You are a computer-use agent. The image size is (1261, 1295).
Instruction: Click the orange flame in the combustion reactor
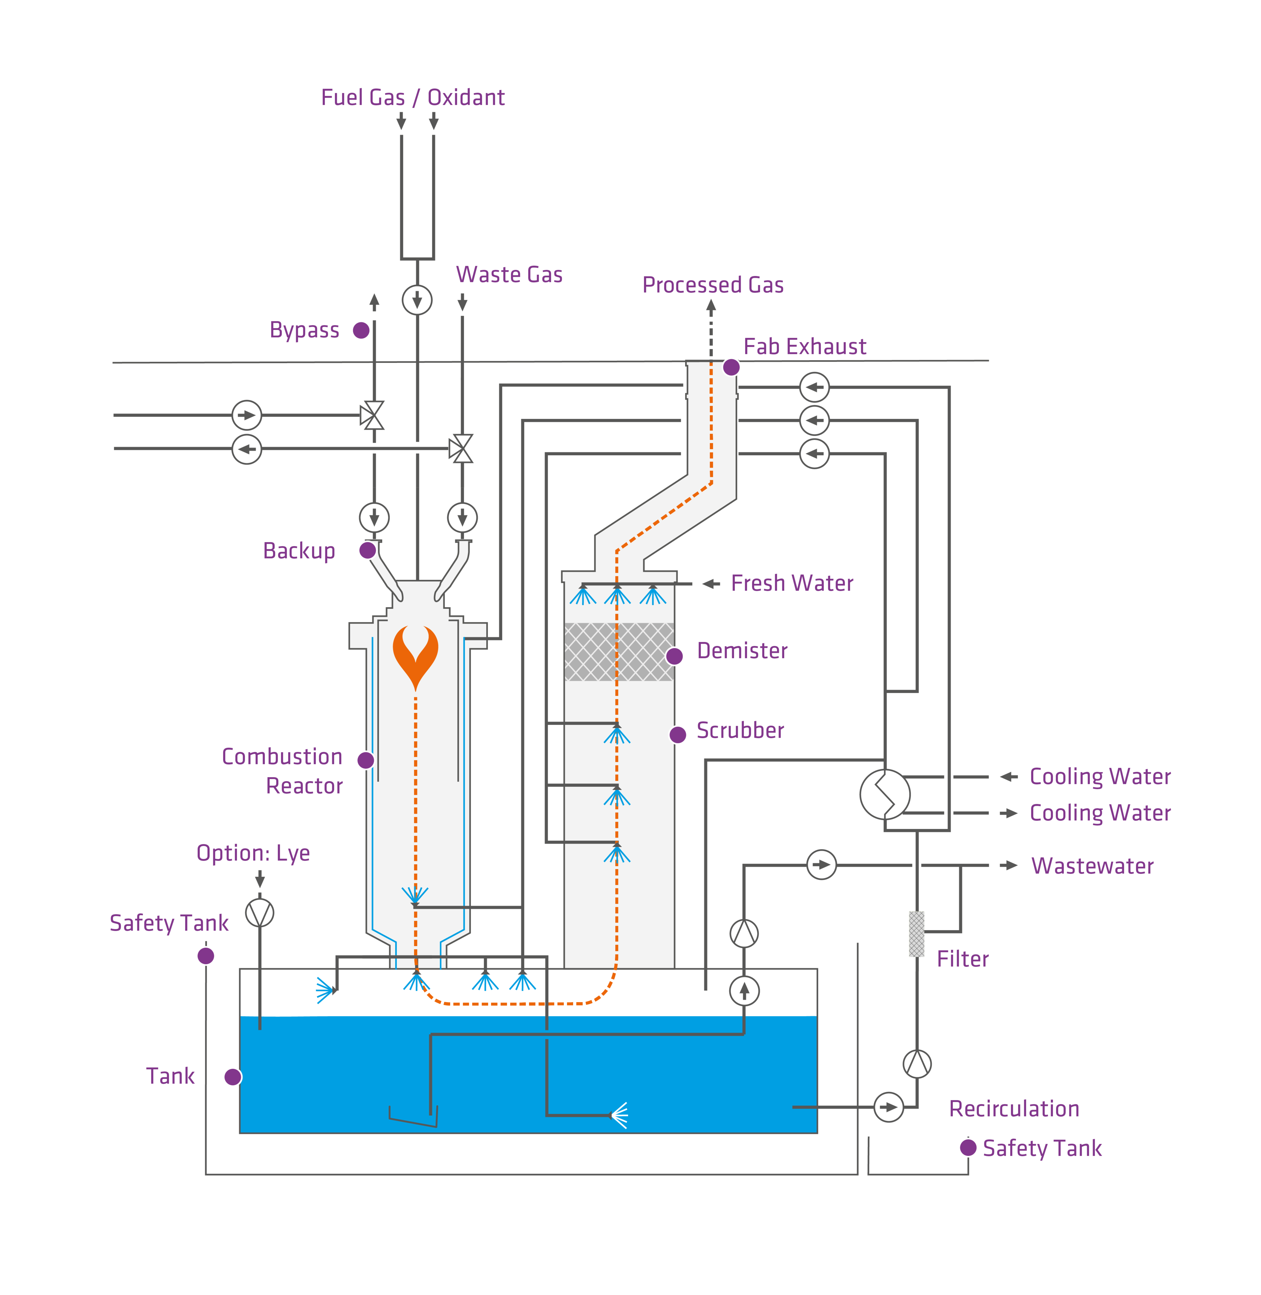coord(415,656)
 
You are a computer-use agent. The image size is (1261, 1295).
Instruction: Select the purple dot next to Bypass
coord(361,330)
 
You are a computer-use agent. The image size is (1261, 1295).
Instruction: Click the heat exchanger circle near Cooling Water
coord(885,794)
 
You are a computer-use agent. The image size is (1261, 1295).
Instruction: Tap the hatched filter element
coord(917,934)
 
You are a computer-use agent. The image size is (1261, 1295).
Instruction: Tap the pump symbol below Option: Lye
coord(260,913)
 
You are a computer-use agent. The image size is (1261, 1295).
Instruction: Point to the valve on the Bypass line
coord(372,415)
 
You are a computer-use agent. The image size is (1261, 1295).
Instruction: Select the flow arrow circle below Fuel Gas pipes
coord(417,300)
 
